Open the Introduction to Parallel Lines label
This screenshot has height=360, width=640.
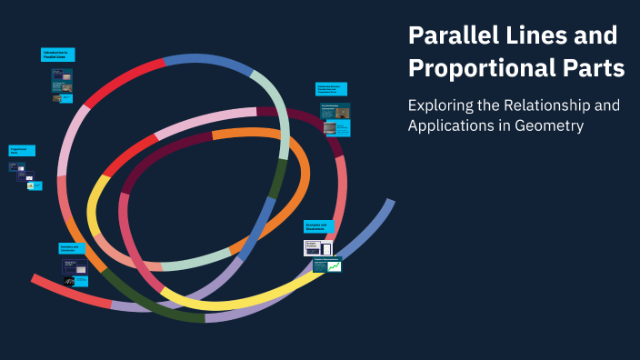click(57, 55)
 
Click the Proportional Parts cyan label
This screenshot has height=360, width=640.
click(21, 150)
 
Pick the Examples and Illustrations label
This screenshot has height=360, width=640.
click(318, 226)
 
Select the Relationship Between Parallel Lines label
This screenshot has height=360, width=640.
click(331, 89)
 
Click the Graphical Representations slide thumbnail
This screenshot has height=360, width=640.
click(326, 265)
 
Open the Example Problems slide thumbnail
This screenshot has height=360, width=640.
click(317, 247)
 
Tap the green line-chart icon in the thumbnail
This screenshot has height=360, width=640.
click(335, 266)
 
